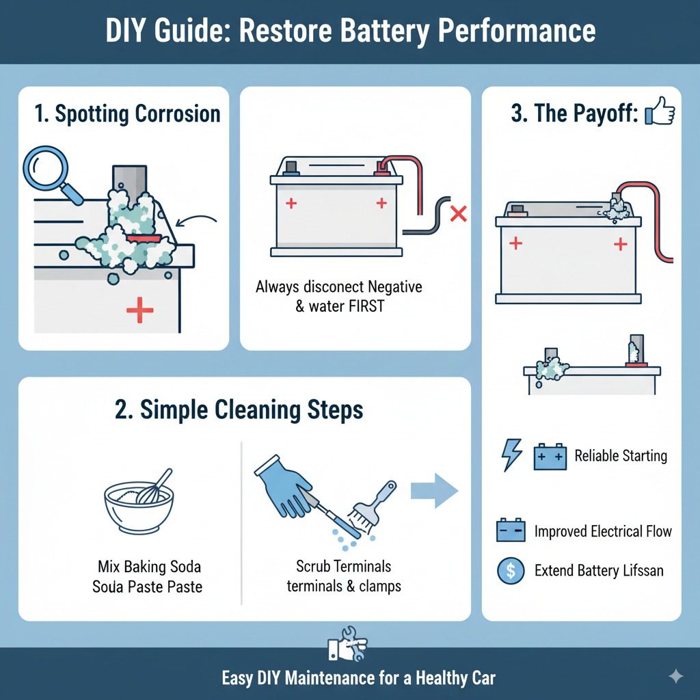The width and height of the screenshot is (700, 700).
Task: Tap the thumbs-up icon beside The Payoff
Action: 659,111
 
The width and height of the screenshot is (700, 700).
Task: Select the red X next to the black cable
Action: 459,215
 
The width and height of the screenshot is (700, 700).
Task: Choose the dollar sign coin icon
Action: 511,570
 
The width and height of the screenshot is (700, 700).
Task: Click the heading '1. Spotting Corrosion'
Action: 128,113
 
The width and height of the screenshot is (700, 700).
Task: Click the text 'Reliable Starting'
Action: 621,456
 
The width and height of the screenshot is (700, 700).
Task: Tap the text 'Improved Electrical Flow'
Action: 603,531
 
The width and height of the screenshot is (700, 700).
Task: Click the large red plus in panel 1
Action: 140,310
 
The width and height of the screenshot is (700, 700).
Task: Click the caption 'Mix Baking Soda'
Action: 148,567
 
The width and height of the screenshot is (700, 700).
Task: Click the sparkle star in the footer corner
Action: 675,676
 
